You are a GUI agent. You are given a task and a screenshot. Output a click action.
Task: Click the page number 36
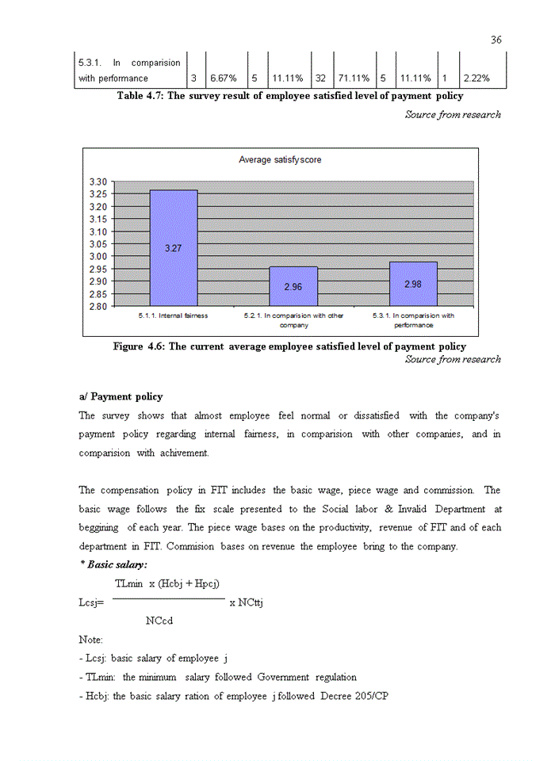[x=496, y=40]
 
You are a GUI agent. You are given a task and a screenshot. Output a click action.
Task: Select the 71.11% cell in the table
[x=354, y=78]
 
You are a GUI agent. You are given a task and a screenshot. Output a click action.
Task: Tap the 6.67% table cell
[x=225, y=78]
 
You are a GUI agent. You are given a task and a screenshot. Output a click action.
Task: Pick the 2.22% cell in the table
[x=480, y=78]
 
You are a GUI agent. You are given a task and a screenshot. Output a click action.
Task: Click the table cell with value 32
[x=322, y=78]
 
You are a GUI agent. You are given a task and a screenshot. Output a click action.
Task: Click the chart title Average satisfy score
[x=280, y=159]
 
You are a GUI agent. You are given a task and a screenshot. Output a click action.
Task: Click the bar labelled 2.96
[x=293, y=286]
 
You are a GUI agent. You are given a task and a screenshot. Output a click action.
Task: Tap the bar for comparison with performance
[x=412, y=283]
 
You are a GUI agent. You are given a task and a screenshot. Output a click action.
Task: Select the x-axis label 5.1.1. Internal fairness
[x=173, y=315]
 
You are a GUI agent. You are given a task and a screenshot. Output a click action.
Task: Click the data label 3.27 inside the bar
[x=174, y=248]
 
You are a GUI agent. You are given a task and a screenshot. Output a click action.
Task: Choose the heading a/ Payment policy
[x=121, y=396]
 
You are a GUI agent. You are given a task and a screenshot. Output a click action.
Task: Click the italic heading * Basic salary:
[x=116, y=564]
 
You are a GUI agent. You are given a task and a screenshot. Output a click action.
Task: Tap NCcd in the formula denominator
[x=159, y=620]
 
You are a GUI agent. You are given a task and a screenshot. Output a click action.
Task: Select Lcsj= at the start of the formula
[x=91, y=602]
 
